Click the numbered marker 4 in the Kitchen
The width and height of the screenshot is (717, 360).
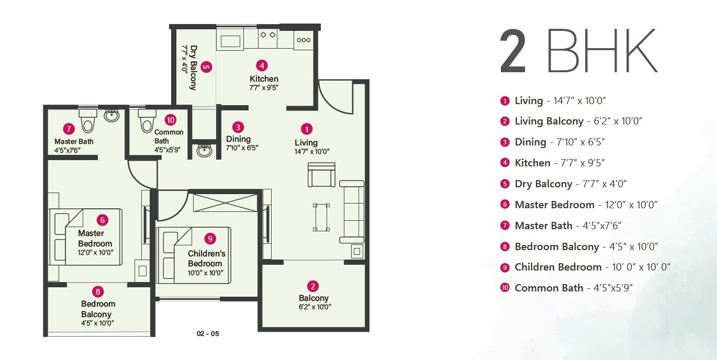(x=262, y=65)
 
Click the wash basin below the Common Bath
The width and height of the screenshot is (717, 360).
(x=204, y=151)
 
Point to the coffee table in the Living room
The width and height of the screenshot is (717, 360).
(x=321, y=217)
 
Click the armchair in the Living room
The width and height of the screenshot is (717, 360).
(x=321, y=175)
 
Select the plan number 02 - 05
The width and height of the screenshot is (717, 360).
(x=208, y=334)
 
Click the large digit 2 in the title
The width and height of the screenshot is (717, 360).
(x=513, y=52)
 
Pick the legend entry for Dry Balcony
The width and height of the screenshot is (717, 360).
(x=570, y=184)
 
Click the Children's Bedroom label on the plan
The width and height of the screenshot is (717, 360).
(x=206, y=258)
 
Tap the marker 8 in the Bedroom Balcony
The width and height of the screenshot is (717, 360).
(x=98, y=291)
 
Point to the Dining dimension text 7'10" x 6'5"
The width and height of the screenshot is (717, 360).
(x=242, y=148)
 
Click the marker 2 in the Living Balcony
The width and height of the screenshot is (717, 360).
(x=313, y=286)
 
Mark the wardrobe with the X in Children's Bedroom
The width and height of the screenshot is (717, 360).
(x=225, y=203)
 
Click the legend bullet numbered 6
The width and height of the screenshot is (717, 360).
(x=505, y=205)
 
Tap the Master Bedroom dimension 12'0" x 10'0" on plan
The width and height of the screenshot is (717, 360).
(x=95, y=253)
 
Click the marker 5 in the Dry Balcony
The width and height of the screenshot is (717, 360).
(x=206, y=67)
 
